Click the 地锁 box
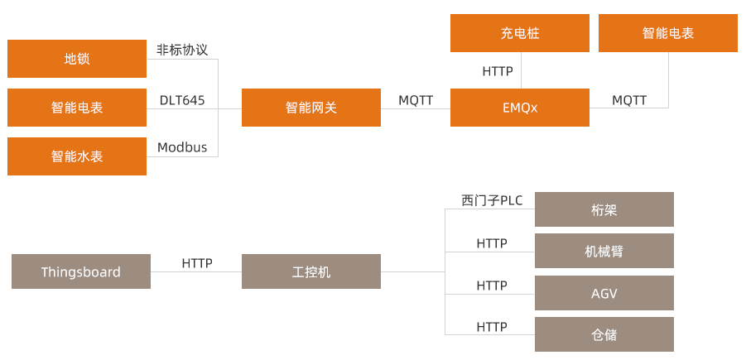[77, 59]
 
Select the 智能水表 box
[77, 156]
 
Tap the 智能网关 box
[311, 108]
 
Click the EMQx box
[520, 108]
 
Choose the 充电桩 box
[520, 33]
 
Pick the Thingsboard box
[81, 271]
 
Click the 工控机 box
[311, 271]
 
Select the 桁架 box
[604, 209]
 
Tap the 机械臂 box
[604, 251]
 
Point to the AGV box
[604, 293]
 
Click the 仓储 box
[604, 334]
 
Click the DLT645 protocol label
[182, 100]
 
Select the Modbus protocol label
[182, 148]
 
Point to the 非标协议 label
[182, 50]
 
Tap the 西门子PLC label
[492, 200]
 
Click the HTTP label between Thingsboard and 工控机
[197, 263]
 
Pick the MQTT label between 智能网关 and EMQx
[416, 100]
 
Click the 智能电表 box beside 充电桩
[667, 33]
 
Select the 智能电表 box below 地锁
[77, 108]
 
